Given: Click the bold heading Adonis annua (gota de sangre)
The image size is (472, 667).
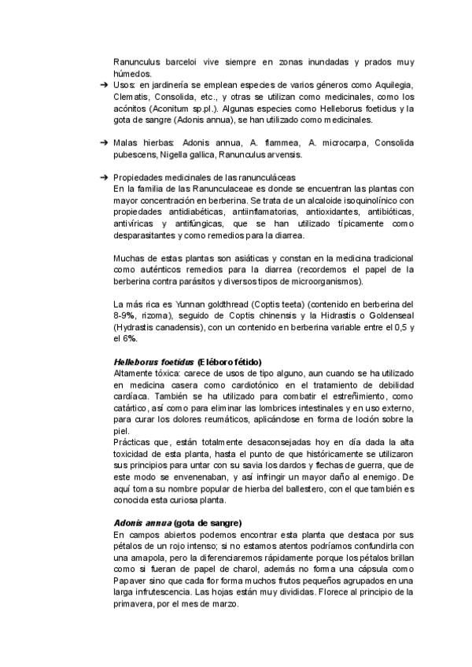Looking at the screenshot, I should click(x=178, y=523).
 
